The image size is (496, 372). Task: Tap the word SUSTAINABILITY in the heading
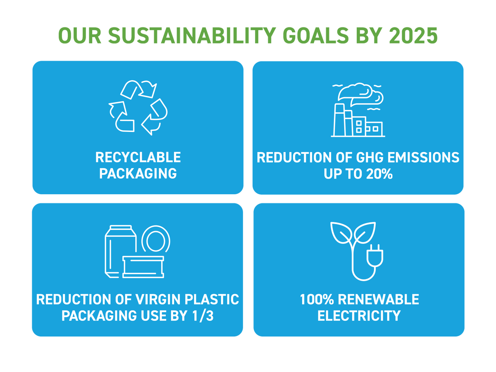(192, 36)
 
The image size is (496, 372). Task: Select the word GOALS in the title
(315, 36)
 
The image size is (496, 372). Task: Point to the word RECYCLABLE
(138, 157)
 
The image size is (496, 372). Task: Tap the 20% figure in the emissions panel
(379, 174)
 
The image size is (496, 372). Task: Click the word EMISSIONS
(423, 157)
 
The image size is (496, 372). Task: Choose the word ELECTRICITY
(359, 315)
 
